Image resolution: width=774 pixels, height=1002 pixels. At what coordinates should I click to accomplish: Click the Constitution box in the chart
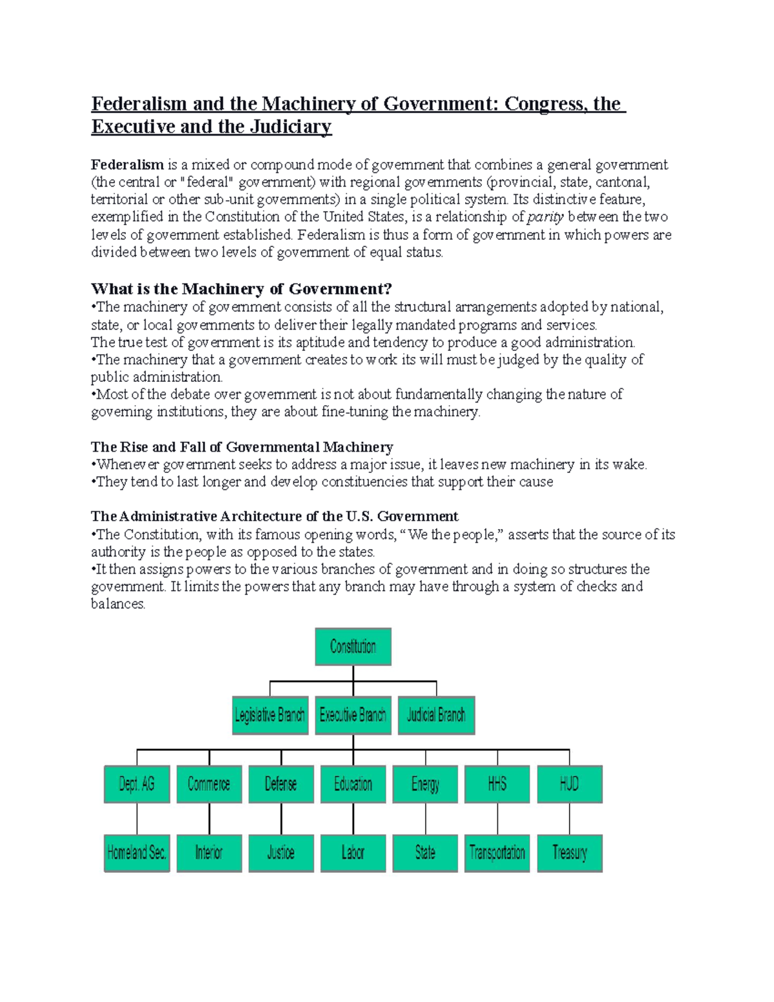(x=353, y=646)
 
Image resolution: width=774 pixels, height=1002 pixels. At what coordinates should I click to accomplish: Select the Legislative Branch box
(x=270, y=715)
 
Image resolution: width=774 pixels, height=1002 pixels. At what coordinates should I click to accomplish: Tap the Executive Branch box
(x=353, y=715)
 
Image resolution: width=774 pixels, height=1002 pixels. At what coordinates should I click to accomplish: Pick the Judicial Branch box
(x=436, y=715)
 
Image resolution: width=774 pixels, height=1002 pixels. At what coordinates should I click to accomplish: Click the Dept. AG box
(x=137, y=784)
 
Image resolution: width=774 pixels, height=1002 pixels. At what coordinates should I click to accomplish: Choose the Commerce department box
(x=209, y=784)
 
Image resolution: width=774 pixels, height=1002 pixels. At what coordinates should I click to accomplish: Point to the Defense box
(x=281, y=784)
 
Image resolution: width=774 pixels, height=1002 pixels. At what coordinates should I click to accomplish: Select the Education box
(x=353, y=784)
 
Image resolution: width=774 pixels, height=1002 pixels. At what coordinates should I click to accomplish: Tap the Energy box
(x=425, y=784)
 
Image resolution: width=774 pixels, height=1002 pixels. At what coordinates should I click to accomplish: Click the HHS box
(x=497, y=784)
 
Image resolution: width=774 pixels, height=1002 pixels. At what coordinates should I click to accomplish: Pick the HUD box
(x=570, y=784)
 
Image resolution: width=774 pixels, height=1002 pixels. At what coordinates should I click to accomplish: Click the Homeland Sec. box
(x=137, y=853)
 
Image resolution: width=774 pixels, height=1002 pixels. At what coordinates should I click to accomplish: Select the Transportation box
(x=497, y=853)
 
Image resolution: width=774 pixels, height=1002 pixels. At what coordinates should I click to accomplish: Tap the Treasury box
(x=570, y=853)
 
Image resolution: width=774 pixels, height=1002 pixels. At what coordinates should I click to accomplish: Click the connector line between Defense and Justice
(x=281, y=818)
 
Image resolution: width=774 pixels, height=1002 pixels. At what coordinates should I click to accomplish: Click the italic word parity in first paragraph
(x=546, y=217)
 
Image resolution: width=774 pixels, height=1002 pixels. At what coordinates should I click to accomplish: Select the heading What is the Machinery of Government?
(x=241, y=288)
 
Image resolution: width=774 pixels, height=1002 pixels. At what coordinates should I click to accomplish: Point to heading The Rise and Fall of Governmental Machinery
(x=242, y=447)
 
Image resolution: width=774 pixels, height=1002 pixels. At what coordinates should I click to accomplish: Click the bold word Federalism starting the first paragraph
(x=127, y=165)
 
